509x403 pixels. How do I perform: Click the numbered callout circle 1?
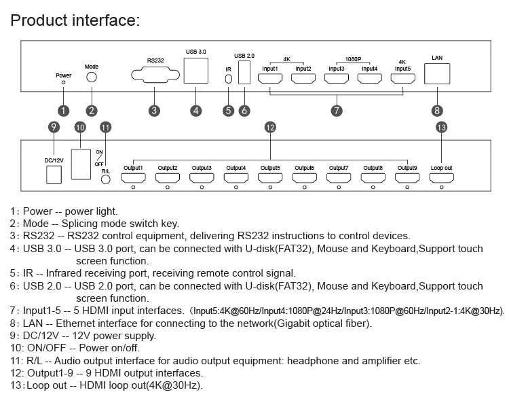coord(64,111)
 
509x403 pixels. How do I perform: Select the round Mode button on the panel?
coord(92,77)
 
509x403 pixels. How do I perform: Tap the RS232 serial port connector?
coord(155,75)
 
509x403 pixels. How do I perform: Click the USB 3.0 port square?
coord(196,71)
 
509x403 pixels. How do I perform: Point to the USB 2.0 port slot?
coord(244,72)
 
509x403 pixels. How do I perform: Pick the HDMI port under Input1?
coord(270,78)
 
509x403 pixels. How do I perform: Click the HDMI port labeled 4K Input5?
coord(403,78)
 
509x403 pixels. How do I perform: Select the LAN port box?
coord(437,74)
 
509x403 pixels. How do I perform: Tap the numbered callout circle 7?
coord(337,111)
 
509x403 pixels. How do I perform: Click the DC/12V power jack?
coord(54,175)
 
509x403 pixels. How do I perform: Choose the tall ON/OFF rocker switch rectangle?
coord(81,164)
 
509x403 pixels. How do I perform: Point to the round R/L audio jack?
coord(105,179)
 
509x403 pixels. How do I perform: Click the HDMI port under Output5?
coord(270,178)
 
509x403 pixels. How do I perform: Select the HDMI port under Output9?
coord(407,178)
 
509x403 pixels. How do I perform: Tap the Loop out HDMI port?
coord(442,178)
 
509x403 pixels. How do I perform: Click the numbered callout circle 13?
coord(442,127)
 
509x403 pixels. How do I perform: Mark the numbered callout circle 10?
coord(80,127)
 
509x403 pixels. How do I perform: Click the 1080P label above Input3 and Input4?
coord(353,59)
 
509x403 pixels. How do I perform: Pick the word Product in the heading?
coord(39,20)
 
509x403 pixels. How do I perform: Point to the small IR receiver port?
coord(229,79)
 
